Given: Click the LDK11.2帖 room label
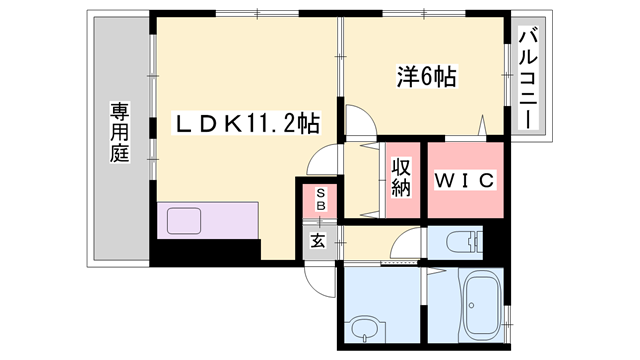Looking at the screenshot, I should (x=247, y=124).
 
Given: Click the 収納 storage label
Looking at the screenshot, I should (x=401, y=176).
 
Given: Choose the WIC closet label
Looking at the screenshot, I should (x=464, y=181).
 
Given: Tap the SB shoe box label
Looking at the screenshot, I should (x=320, y=199).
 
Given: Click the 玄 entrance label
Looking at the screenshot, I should (x=318, y=241).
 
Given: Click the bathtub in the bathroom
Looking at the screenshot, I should (x=484, y=304).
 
